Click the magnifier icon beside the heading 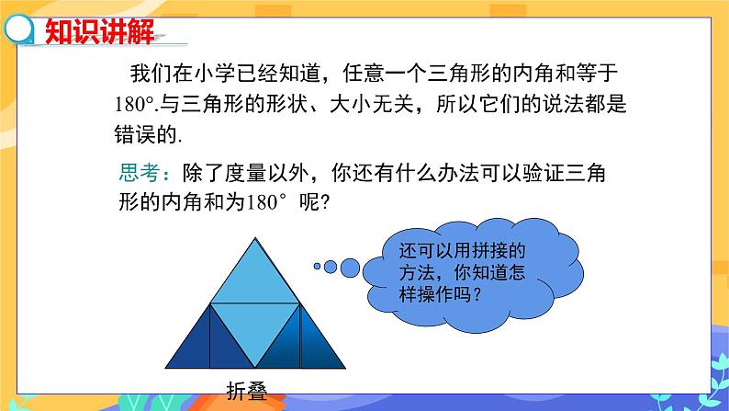[x=17, y=31]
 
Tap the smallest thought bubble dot [x=318, y=267]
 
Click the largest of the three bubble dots [x=350, y=268]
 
